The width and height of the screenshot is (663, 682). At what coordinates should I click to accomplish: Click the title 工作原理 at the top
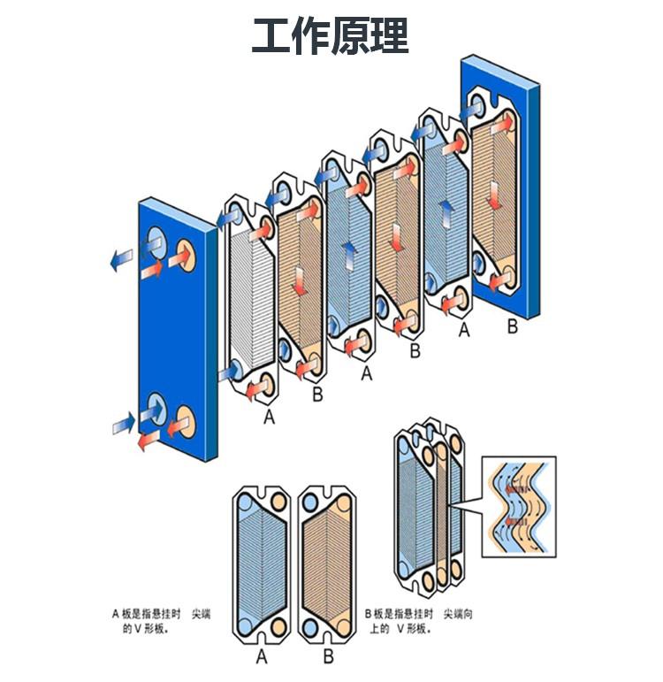pyautogui.click(x=331, y=36)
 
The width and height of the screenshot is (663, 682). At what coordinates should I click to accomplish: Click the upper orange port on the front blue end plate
pyautogui.click(x=187, y=252)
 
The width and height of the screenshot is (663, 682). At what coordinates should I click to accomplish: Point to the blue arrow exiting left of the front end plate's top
pyautogui.click(x=119, y=258)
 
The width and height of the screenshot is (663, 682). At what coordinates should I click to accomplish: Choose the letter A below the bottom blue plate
pyautogui.click(x=262, y=656)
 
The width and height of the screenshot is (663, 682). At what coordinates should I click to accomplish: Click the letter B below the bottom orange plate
pyautogui.click(x=328, y=656)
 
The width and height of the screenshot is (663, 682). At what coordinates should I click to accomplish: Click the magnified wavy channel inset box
pyautogui.click(x=518, y=506)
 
